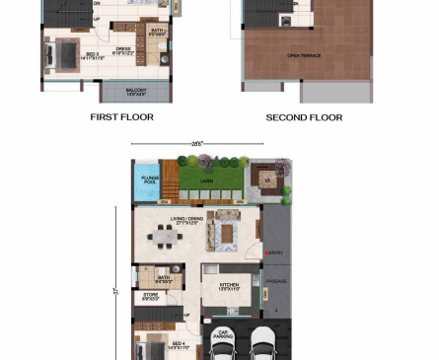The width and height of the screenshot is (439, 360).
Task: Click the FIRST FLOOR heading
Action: (x=121, y=117)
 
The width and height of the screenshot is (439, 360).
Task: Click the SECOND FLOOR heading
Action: (x=304, y=117)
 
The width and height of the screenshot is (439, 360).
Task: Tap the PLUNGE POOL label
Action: (x=150, y=180)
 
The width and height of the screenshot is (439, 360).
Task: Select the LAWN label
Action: (x=206, y=181)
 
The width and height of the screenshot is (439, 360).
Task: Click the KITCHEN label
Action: (x=220, y=286)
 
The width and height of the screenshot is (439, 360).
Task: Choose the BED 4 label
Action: (x=178, y=345)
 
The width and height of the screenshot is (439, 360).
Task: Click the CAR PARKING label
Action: (x=223, y=333)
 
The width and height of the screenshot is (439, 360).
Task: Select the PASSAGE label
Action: (x=277, y=282)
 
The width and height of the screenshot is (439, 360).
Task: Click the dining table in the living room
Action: (x=164, y=236)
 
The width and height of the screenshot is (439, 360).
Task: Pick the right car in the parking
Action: (x=264, y=344)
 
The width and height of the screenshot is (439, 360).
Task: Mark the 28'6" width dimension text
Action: (x=196, y=144)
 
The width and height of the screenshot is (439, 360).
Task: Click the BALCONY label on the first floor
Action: (x=136, y=93)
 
